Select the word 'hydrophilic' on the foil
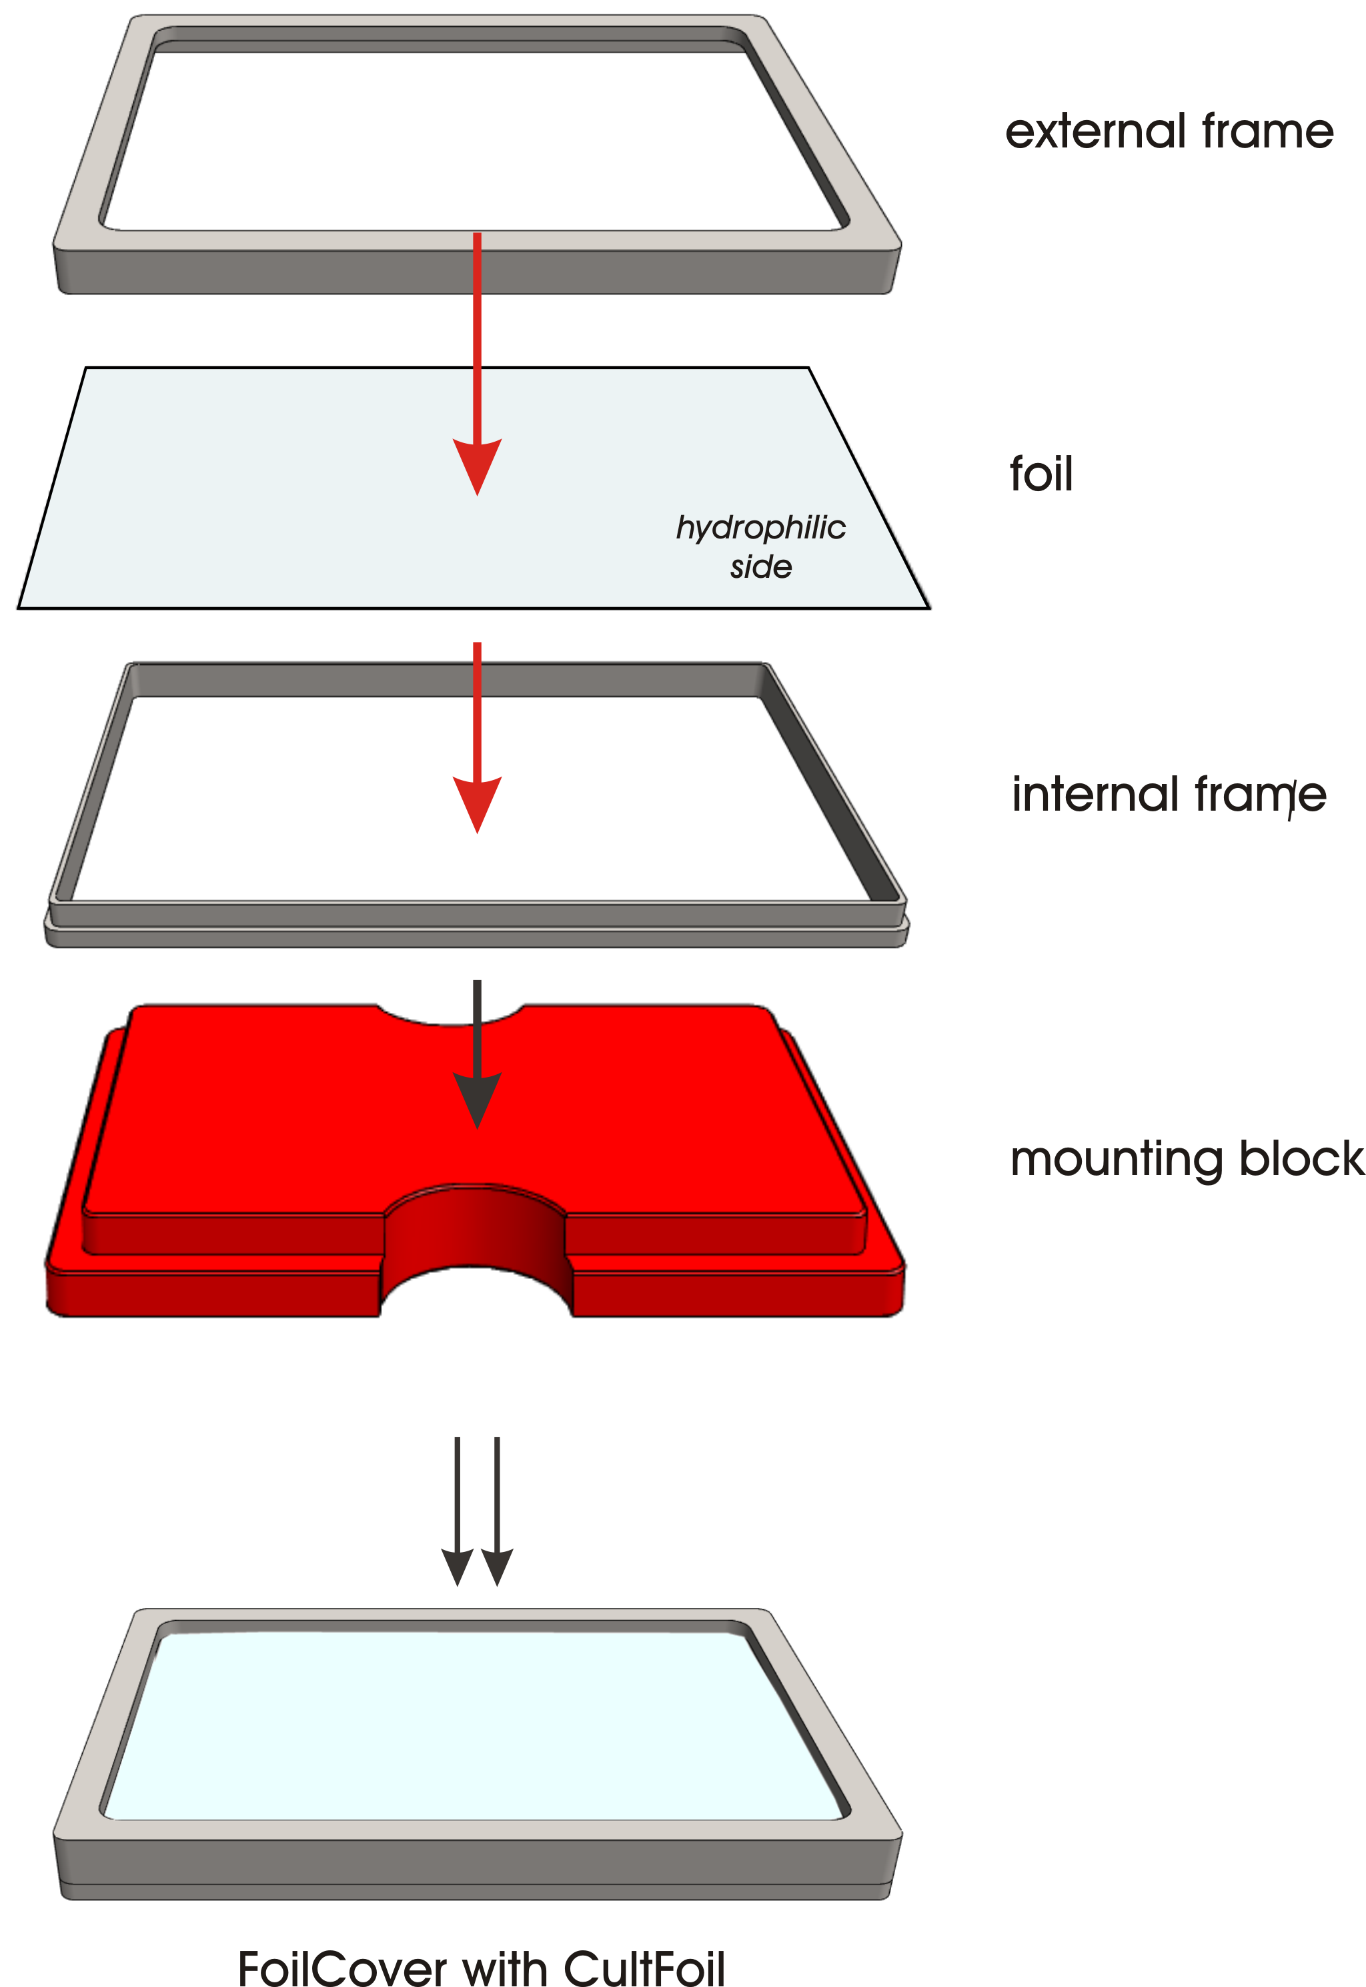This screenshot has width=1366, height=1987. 761,529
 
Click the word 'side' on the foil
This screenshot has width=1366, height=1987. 761,566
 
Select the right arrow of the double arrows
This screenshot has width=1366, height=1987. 498,1511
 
